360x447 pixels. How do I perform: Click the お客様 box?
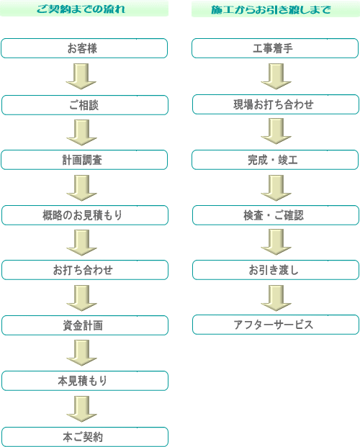(x=84, y=48)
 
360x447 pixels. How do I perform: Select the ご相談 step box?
(x=85, y=105)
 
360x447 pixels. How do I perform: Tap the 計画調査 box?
(x=84, y=160)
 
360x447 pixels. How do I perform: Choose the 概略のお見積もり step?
(x=85, y=215)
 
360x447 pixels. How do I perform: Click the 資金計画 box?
(x=85, y=325)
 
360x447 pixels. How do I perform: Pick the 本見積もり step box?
(x=85, y=381)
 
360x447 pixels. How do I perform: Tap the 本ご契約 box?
(x=85, y=436)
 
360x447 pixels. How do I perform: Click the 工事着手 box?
(x=275, y=48)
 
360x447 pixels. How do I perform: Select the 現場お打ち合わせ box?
(x=276, y=104)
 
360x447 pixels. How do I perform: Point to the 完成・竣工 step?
(x=275, y=160)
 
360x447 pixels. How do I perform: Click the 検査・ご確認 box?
(x=276, y=215)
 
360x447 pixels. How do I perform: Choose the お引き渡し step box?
(x=276, y=270)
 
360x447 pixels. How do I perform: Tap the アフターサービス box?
(x=276, y=325)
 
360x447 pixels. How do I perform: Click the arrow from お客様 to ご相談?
(x=81, y=76)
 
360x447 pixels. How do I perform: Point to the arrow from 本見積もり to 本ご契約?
(x=82, y=409)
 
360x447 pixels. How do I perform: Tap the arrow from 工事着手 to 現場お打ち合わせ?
(x=276, y=76)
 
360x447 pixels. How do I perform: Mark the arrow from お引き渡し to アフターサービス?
(x=276, y=298)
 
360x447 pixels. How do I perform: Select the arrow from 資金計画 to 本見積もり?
(x=82, y=353)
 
